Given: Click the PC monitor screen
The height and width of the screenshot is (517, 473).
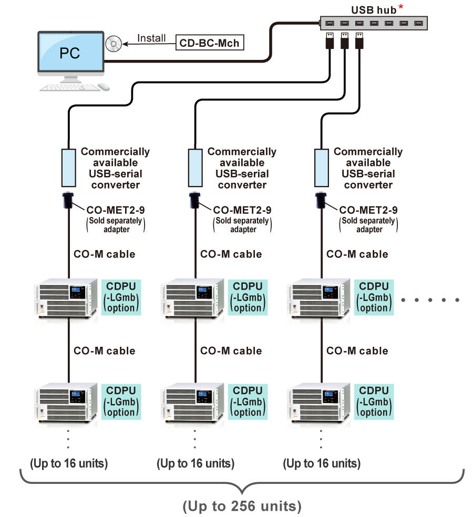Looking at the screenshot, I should pos(70,54).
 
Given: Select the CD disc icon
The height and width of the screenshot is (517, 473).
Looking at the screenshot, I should pos(113,44).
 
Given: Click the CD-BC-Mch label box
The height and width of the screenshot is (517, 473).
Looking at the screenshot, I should pos(210,43).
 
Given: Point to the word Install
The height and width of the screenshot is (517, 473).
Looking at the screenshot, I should pos(151,38).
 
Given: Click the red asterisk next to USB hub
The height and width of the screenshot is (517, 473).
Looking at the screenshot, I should pos(401,7).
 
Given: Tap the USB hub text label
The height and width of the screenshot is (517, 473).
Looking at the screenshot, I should pos(373,10).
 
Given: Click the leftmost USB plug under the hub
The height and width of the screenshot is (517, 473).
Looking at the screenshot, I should pos(330,40).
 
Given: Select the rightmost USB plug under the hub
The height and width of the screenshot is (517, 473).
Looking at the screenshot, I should pos(359,40).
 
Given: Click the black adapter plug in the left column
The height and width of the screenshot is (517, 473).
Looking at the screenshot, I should pos(68,200).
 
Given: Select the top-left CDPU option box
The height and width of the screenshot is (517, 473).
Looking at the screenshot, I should pos(121,297).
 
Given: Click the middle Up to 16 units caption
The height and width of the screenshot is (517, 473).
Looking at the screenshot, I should pos(195,463).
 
